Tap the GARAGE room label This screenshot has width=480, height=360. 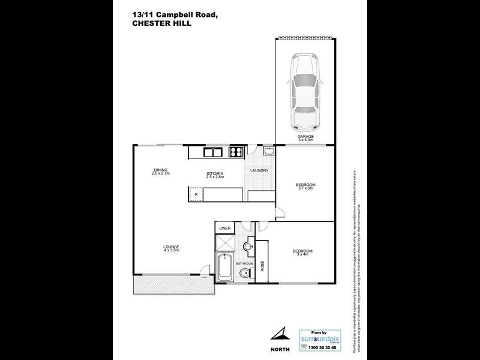click(305, 137)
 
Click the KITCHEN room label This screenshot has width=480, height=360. click(214, 174)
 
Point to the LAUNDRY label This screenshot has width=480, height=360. click(259, 170)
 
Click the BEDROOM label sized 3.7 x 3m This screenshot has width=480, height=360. click(305, 185)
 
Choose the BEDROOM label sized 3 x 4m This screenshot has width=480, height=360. click(302, 251)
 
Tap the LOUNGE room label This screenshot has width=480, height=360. click(171, 247)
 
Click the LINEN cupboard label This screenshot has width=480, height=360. click(225, 229)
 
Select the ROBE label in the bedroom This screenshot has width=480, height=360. click(262, 265)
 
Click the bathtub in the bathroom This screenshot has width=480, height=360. click(225, 269)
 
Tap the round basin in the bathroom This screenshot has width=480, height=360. click(248, 247)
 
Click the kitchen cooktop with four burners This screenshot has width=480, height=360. click(236, 152)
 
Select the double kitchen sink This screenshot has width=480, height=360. click(214, 152)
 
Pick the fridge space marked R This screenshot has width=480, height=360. click(196, 195)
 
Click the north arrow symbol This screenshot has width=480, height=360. click(281, 334)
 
